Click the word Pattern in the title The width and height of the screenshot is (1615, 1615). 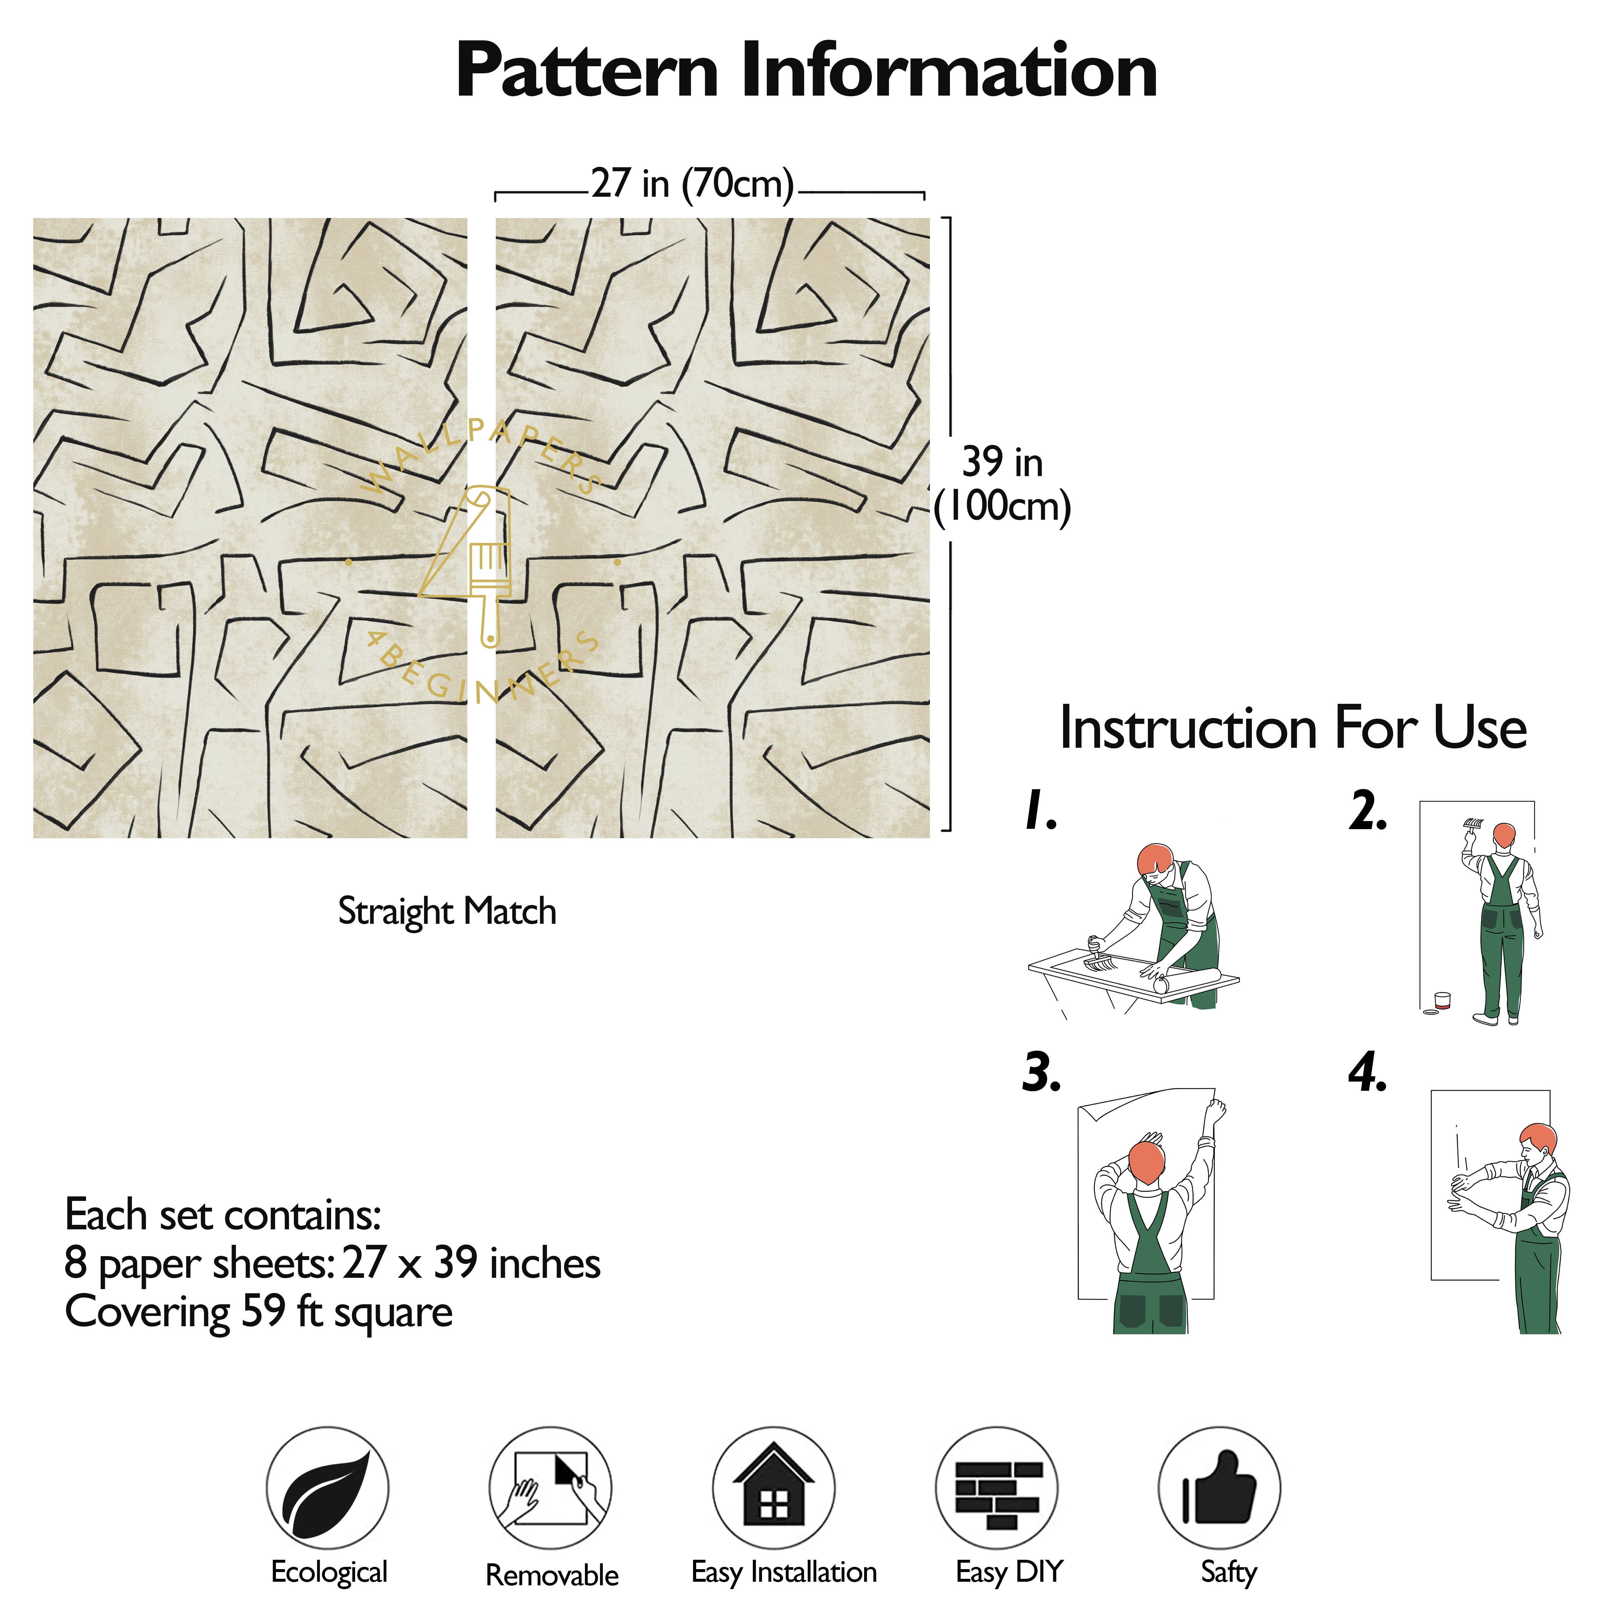587,72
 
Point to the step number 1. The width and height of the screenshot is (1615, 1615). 1041,811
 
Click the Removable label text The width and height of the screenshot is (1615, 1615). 552,1575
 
